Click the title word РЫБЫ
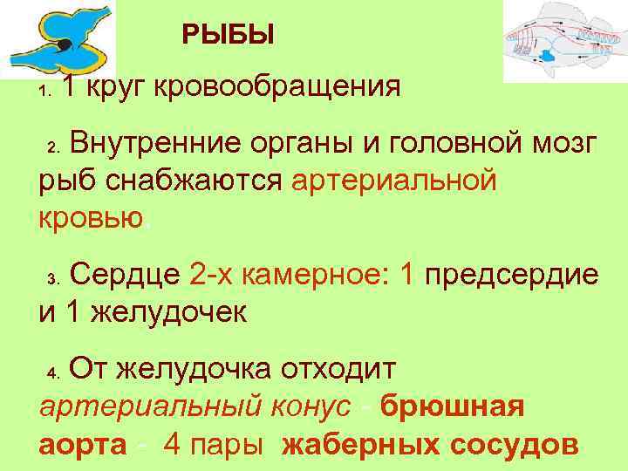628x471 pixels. point(229,35)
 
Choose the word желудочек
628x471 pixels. point(165,311)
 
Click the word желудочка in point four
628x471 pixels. point(196,372)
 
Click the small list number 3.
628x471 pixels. point(52,280)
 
